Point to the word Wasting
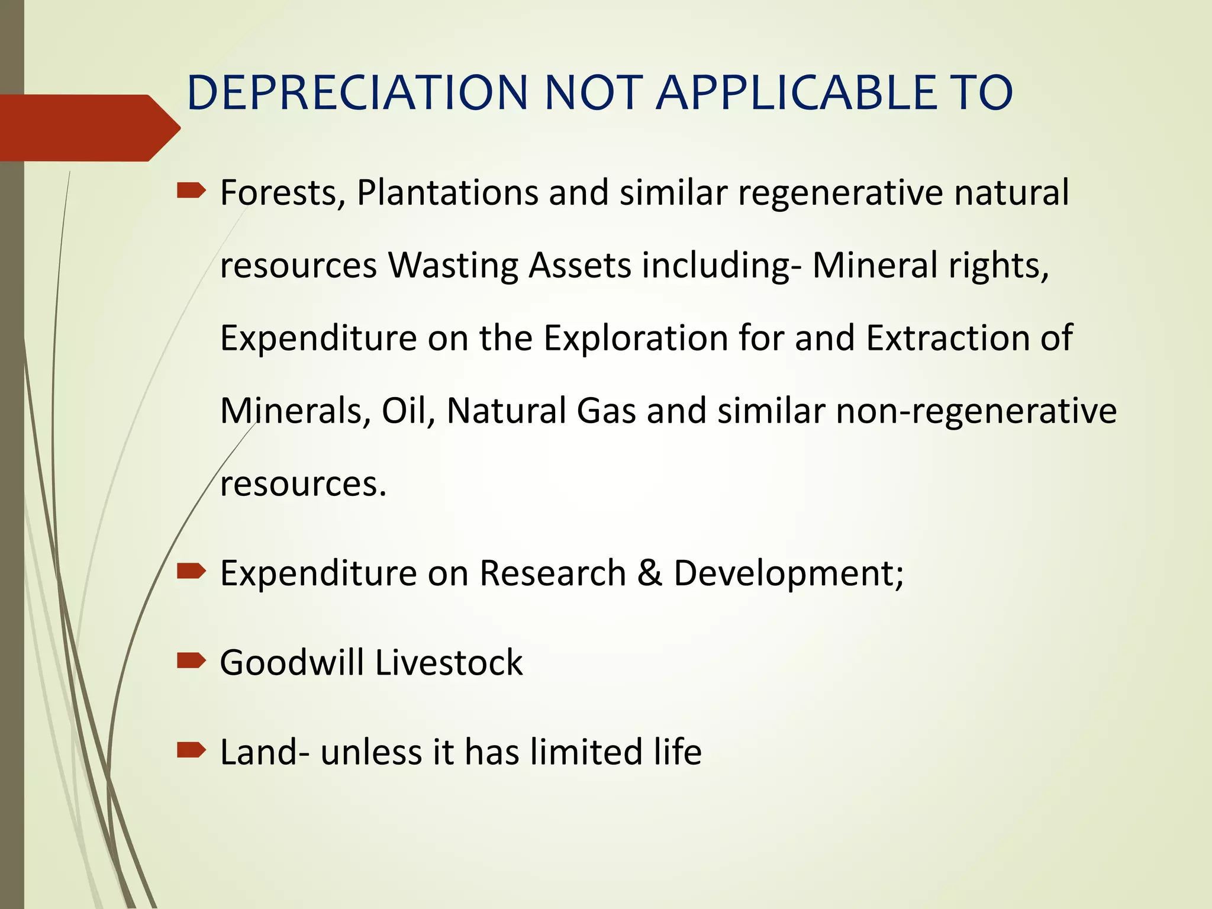(x=453, y=265)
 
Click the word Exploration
(x=636, y=338)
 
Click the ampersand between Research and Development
(x=650, y=573)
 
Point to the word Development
(x=788, y=573)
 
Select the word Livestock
(x=449, y=662)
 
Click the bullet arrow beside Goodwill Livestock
(x=191, y=661)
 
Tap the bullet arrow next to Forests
(x=191, y=191)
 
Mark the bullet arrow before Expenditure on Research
(x=191, y=572)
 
